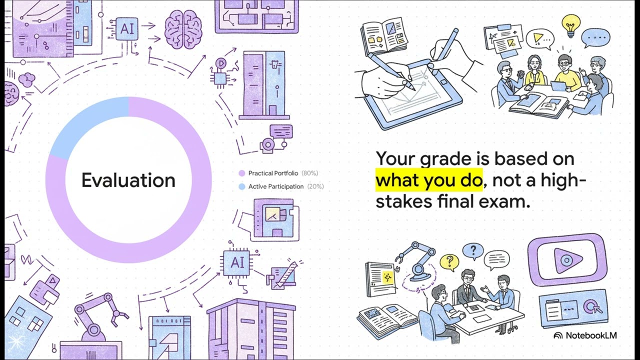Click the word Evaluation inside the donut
point(128,180)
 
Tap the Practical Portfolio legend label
point(273,173)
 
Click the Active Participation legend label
point(276,186)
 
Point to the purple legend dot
point(242,173)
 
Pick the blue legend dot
point(242,186)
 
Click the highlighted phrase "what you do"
point(429,180)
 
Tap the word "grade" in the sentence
point(444,159)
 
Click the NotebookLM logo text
point(590,335)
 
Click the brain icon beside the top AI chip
point(183,30)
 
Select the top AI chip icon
point(127,28)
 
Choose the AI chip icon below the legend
point(237,262)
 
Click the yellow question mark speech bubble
point(449,261)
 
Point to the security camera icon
point(268,145)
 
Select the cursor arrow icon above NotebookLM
point(592,306)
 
